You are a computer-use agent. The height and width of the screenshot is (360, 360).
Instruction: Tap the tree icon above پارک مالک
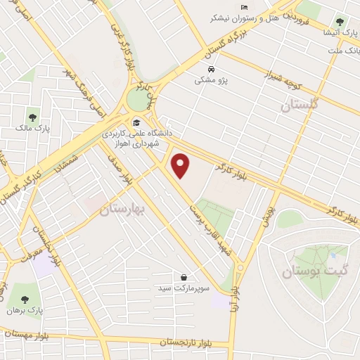pos(32,116)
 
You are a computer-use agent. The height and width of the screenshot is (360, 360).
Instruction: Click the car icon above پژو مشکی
pos(212,69)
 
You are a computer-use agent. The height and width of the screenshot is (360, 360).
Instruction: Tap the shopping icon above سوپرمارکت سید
pos(184,277)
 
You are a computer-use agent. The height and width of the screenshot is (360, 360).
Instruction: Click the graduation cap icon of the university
pos(136,122)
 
